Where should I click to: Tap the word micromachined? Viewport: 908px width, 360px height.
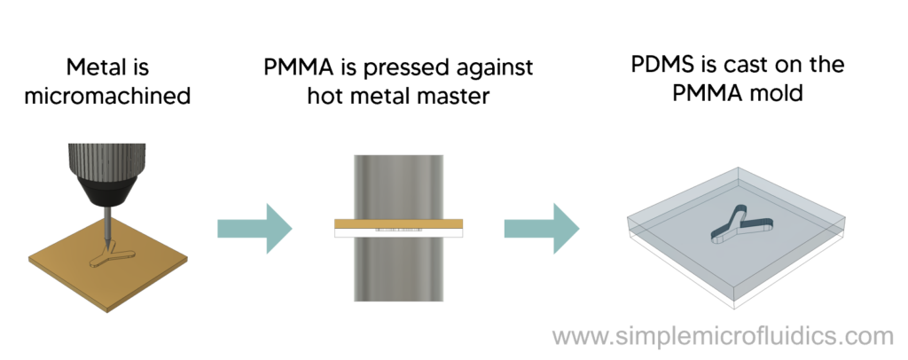point(107,95)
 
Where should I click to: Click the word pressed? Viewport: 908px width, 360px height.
point(398,67)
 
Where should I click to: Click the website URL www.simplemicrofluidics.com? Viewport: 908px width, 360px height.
point(722,337)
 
